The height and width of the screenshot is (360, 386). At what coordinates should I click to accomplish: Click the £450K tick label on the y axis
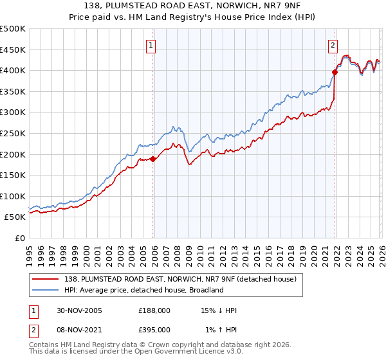(x=13, y=50)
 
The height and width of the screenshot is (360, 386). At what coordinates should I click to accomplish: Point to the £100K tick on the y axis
(x=13, y=196)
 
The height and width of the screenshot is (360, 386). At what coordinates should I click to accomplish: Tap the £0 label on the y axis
(x=19, y=238)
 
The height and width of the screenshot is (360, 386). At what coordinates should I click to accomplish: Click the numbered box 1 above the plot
(x=151, y=45)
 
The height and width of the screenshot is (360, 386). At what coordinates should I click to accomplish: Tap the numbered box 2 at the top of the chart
(x=333, y=45)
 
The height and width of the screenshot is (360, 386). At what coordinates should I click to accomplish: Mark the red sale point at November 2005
(x=153, y=159)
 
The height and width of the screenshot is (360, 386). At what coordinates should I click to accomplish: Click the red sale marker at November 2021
(x=335, y=73)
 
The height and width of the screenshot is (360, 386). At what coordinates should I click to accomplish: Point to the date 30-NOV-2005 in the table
(x=80, y=310)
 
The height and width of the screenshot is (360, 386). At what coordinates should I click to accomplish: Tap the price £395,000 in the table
(x=154, y=329)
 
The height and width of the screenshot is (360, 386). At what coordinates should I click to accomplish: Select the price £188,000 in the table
(x=154, y=310)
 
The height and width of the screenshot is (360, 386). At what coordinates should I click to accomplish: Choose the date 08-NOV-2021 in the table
(x=80, y=329)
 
